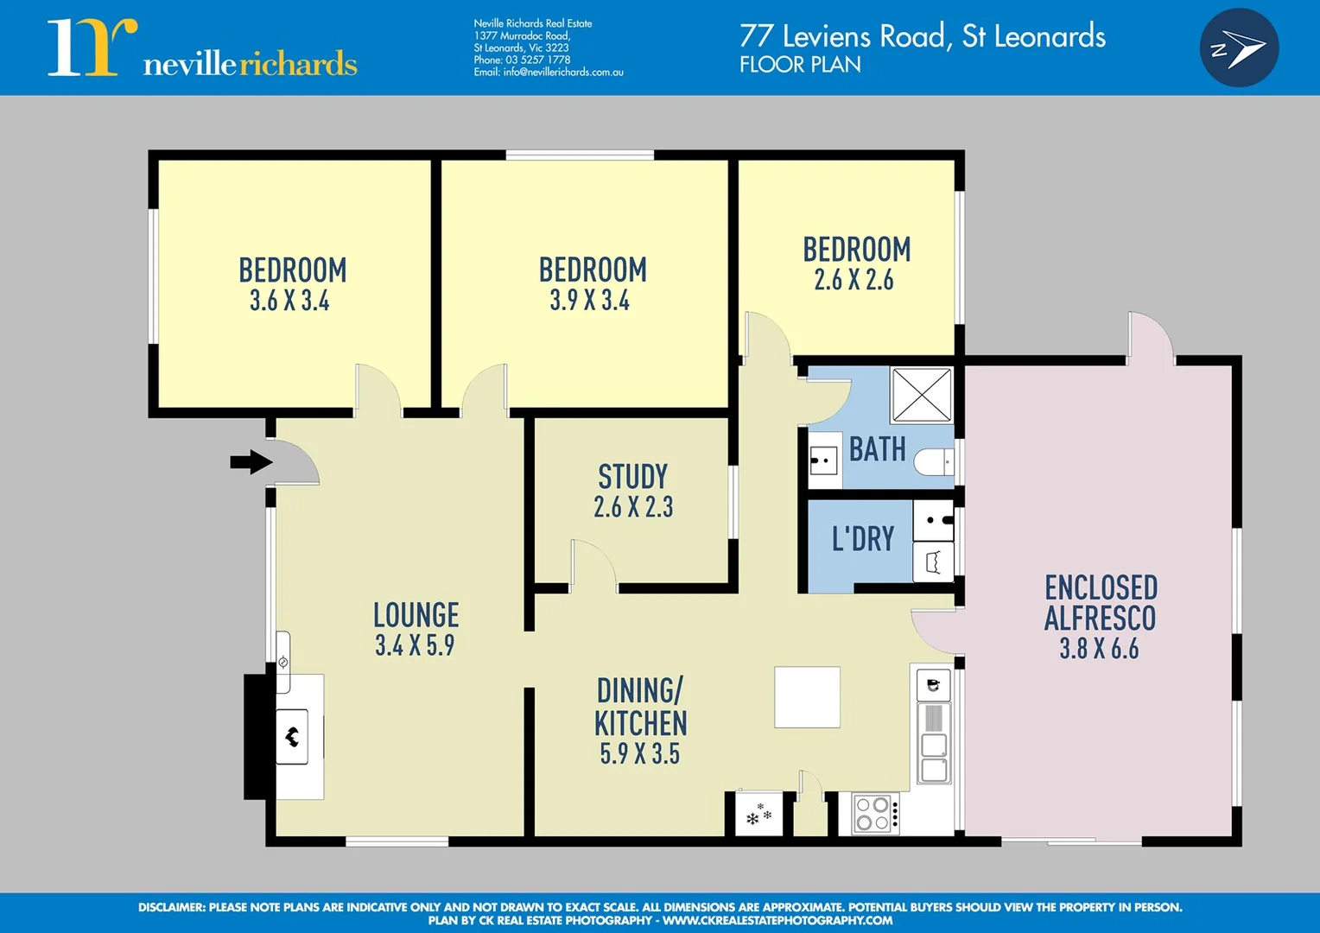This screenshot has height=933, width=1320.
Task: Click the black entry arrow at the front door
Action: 251,462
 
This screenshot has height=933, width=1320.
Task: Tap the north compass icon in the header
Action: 1239,48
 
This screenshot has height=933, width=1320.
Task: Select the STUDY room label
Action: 632,477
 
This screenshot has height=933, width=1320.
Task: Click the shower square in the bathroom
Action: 921,395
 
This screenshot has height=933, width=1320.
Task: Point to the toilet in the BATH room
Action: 932,462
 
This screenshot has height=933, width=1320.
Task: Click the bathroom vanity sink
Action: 823,460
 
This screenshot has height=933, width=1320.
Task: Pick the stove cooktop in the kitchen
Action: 873,814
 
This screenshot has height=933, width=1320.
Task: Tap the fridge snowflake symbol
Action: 758,815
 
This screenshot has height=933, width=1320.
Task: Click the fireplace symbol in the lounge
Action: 292,737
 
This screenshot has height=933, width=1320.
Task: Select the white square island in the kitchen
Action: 807,696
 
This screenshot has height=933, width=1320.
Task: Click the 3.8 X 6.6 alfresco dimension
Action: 1099,649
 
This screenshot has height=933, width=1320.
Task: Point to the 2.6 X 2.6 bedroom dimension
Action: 854,280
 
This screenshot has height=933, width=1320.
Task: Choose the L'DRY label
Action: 862,539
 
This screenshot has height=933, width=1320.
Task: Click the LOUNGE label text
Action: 416,615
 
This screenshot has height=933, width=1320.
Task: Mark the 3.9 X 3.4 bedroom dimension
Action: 590,301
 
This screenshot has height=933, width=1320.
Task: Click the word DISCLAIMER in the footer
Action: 171,907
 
